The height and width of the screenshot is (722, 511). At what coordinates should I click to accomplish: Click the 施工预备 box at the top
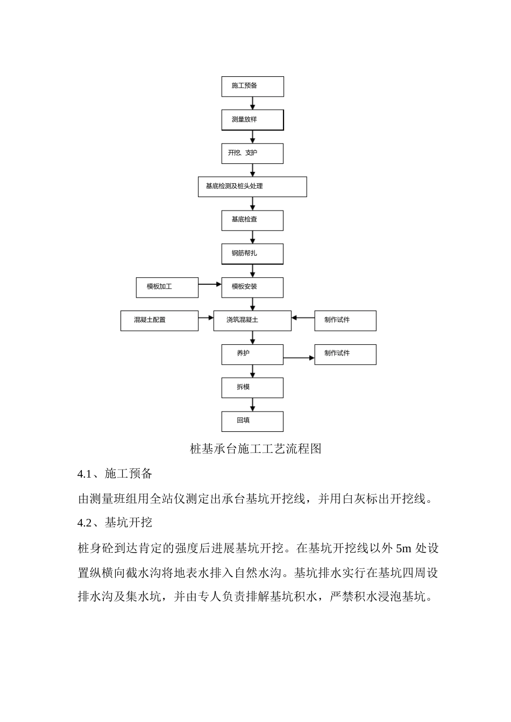(x=252, y=86)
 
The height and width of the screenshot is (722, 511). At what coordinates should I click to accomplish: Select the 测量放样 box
(x=252, y=120)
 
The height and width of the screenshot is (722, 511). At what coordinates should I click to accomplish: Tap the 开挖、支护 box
(x=252, y=153)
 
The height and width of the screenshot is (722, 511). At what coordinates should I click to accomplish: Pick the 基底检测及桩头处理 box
(x=252, y=186)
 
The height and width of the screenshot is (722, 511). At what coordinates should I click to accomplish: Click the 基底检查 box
(x=252, y=220)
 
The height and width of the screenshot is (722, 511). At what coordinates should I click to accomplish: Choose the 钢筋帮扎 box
(x=252, y=254)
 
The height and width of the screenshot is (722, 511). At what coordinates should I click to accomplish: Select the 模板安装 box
(x=252, y=287)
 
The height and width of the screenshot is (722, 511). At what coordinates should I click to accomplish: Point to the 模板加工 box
(x=167, y=287)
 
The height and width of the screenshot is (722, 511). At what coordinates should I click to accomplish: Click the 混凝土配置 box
(x=159, y=320)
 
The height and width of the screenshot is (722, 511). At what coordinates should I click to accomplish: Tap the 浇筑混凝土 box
(x=252, y=320)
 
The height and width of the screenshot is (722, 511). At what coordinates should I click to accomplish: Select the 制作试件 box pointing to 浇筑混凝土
(x=345, y=320)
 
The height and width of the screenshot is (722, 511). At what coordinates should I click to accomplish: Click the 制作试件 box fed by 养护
(x=345, y=354)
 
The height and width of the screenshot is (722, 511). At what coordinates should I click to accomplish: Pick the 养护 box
(x=252, y=354)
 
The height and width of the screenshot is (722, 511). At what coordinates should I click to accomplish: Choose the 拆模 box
(x=252, y=387)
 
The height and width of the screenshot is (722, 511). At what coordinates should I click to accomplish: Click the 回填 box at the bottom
(x=252, y=421)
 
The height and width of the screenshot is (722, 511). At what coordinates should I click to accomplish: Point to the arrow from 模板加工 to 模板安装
(x=210, y=284)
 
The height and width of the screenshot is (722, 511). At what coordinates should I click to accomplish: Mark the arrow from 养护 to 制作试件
(x=299, y=358)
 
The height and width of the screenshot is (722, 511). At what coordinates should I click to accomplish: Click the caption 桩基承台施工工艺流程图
(x=256, y=449)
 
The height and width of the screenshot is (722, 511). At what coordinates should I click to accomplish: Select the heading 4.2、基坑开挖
(x=115, y=523)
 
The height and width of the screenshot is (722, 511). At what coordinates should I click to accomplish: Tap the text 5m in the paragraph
(x=403, y=548)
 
